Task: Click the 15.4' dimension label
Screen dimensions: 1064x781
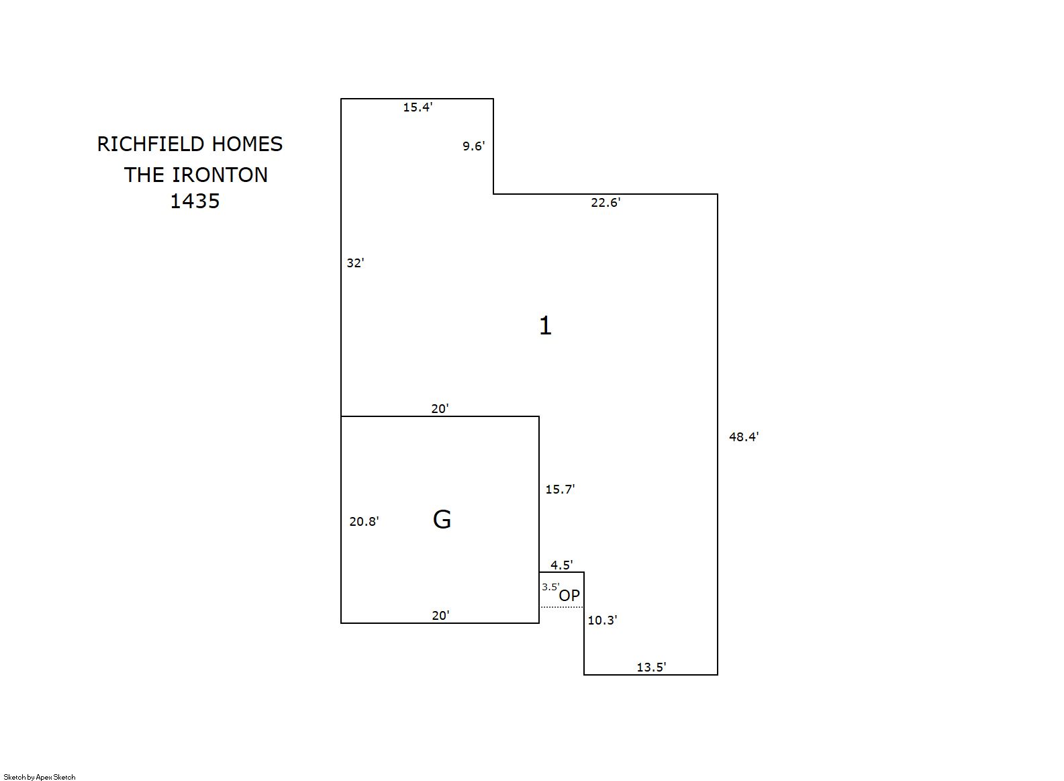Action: coord(418,107)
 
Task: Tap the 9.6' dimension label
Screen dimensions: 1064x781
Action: coord(473,146)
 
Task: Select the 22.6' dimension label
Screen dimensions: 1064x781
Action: coord(606,203)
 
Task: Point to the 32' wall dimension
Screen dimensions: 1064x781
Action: coord(355,263)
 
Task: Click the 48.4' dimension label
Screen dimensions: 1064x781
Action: coord(744,437)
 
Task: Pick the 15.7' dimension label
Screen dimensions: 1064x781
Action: coord(560,490)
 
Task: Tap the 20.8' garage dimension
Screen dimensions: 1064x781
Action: coord(364,522)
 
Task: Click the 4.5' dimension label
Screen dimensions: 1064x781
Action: coord(561,565)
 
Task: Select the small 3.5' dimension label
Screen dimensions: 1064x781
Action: coord(550,587)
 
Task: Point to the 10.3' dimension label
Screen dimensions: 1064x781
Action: coord(602,621)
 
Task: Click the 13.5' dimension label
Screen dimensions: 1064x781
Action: coord(651,668)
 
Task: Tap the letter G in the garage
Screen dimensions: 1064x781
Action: coord(442,519)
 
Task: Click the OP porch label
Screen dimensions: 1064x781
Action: coord(569,595)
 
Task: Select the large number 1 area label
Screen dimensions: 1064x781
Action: coord(545,326)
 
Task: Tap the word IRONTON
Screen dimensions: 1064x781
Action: coord(220,175)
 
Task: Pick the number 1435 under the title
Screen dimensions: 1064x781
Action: coord(195,201)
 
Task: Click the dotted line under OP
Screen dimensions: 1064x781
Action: coord(562,607)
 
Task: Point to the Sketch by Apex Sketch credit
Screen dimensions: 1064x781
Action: coord(40,777)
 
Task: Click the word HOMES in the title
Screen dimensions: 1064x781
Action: coord(247,144)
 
